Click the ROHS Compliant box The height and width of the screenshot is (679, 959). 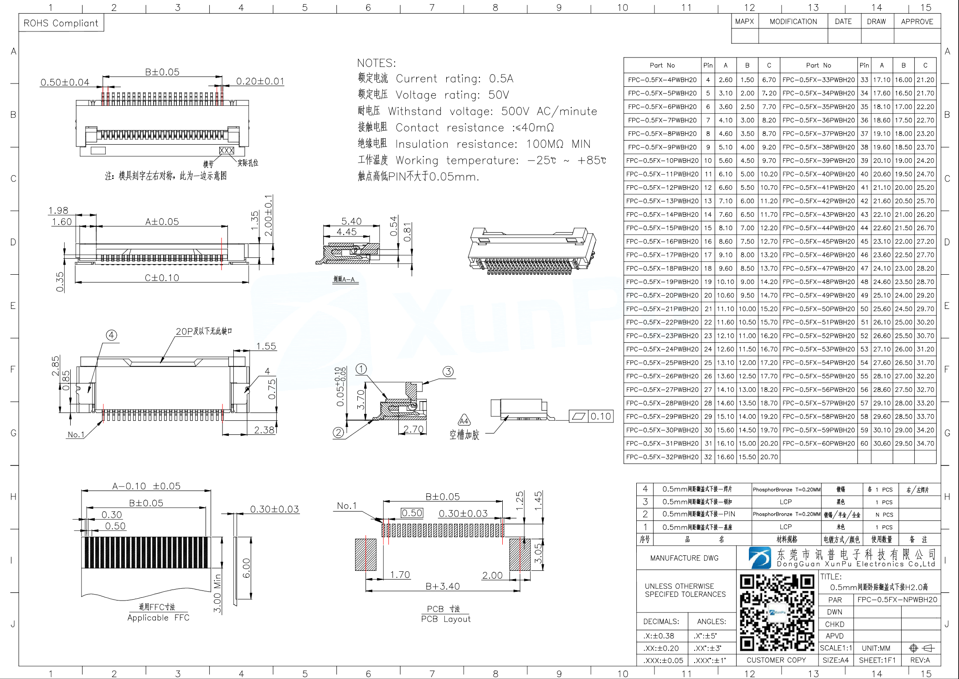pos(61,23)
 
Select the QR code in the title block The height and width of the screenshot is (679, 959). pos(777,612)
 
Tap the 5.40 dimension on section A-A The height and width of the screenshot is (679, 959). pos(351,221)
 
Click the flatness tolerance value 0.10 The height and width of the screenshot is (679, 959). pos(600,416)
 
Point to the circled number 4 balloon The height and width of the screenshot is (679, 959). pos(112,335)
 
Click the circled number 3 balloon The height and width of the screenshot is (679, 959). pos(448,371)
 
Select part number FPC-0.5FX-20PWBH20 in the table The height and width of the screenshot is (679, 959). pos(662,295)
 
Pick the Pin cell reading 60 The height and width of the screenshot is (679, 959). pos(864,443)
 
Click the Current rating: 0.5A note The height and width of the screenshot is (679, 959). pos(454,78)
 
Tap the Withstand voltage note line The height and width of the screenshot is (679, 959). pos(492,111)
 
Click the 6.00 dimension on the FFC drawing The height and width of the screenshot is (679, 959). pos(247,568)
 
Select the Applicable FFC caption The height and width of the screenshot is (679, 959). pos(158,617)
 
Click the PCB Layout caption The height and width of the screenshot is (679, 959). pos(445,619)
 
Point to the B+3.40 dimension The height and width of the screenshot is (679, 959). pos(442,586)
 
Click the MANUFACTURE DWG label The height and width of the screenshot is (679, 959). pos(684,558)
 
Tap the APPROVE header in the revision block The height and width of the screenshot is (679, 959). pos(917,21)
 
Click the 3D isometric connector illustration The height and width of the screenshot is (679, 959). pos(531,251)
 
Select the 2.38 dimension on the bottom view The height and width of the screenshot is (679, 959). pos(264,430)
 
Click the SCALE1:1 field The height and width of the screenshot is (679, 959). pos(835,648)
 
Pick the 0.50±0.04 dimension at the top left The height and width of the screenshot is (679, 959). pos(65,82)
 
